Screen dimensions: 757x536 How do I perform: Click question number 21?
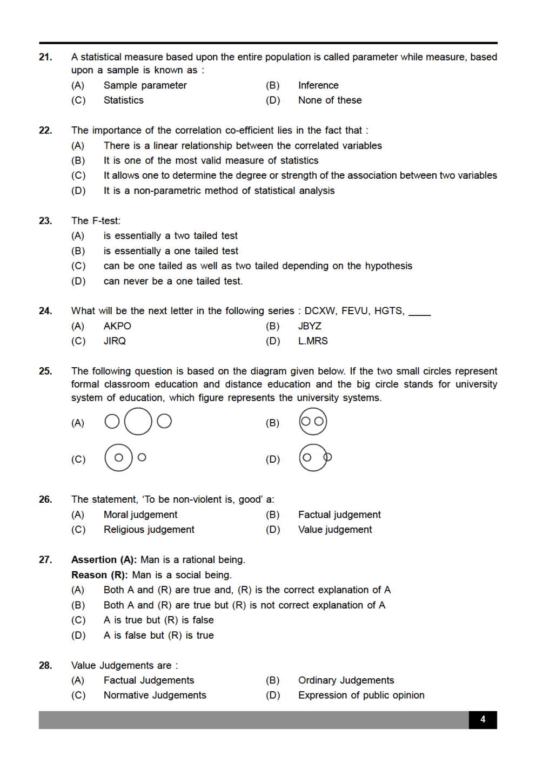click(x=45, y=57)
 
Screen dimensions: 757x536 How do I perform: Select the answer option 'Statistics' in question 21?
click(x=123, y=100)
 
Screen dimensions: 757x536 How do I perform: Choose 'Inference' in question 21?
click(x=318, y=85)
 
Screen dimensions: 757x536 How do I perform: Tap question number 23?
click(x=45, y=221)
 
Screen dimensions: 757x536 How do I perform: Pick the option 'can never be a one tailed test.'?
click(x=173, y=281)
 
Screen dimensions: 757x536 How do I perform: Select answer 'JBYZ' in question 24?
click(x=310, y=326)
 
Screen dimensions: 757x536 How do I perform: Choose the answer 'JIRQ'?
click(x=115, y=341)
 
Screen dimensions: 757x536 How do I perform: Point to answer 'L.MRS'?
click(x=313, y=341)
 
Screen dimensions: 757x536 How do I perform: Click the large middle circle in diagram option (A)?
click(x=138, y=421)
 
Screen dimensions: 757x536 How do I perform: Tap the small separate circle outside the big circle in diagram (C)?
click(x=142, y=457)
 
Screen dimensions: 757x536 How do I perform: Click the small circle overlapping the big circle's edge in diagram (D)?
click(x=327, y=457)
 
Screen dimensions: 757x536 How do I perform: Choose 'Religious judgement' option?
click(x=149, y=530)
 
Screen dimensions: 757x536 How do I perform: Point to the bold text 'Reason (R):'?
click(x=100, y=575)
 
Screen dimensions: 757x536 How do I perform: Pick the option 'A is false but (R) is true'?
click(x=158, y=636)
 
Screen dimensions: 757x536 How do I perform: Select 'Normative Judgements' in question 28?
click(x=155, y=695)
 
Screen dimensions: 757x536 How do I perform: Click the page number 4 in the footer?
click(x=483, y=720)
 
